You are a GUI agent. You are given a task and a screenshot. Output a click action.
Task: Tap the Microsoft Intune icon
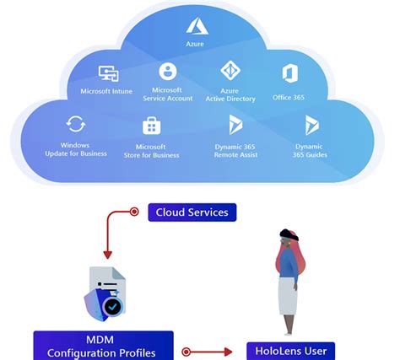[x=108, y=74]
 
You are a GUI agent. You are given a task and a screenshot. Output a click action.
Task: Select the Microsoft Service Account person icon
[x=168, y=71]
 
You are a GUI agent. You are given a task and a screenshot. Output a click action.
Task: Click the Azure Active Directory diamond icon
[x=230, y=71]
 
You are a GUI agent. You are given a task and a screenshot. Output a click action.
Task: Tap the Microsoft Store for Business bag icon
[x=153, y=126]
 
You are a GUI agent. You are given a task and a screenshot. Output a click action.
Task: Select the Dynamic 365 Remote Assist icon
[x=237, y=125]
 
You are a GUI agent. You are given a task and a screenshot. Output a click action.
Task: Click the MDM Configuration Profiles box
[x=104, y=346]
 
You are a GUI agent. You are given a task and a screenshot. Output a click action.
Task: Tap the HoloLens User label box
[x=290, y=350]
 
